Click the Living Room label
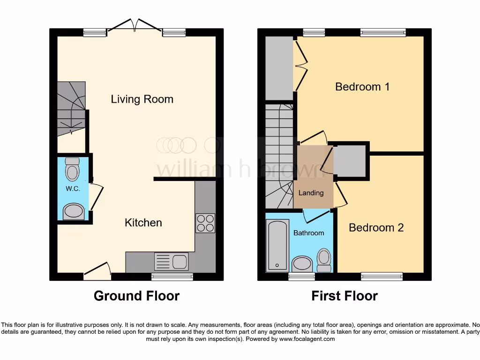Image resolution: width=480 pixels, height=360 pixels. click(x=142, y=99)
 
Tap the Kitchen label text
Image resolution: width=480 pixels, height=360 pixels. click(x=143, y=223)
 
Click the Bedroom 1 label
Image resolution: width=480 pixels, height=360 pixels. click(x=362, y=87)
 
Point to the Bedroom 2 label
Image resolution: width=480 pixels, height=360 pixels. click(x=376, y=228)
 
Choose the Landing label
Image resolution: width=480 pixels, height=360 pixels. click(x=311, y=193)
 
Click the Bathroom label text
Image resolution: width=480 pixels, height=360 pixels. click(x=308, y=233)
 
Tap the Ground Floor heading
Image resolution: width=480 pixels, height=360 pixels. click(x=136, y=296)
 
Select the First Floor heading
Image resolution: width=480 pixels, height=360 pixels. click(x=345, y=296)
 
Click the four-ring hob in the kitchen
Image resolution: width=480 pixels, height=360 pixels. click(x=205, y=223)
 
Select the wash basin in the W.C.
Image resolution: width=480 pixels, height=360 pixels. click(x=74, y=211)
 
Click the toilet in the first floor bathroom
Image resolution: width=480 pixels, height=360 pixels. click(x=324, y=260)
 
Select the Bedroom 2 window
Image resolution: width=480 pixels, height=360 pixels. click(x=382, y=277)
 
